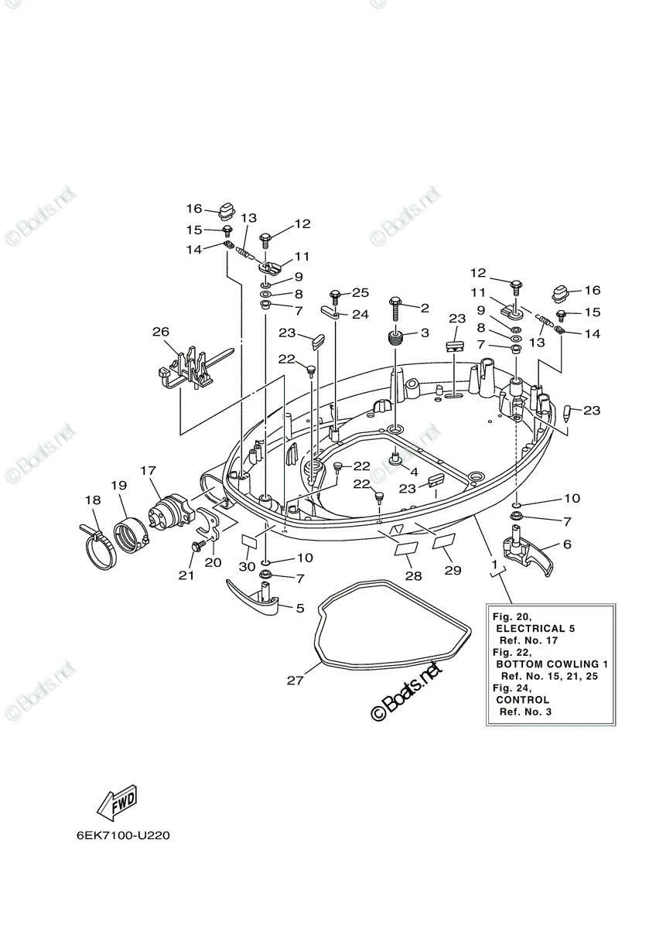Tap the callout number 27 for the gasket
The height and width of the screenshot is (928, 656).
(x=295, y=681)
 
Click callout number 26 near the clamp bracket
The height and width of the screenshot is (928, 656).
(x=160, y=332)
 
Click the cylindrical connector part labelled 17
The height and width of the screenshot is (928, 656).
(x=170, y=510)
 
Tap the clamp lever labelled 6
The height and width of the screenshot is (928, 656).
(x=527, y=552)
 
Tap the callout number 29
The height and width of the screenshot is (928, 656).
(x=453, y=571)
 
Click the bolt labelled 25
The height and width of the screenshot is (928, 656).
(x=334, y=298)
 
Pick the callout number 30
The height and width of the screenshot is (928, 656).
(x=247, y=566)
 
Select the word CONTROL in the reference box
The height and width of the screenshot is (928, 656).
(x=523, y=700)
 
